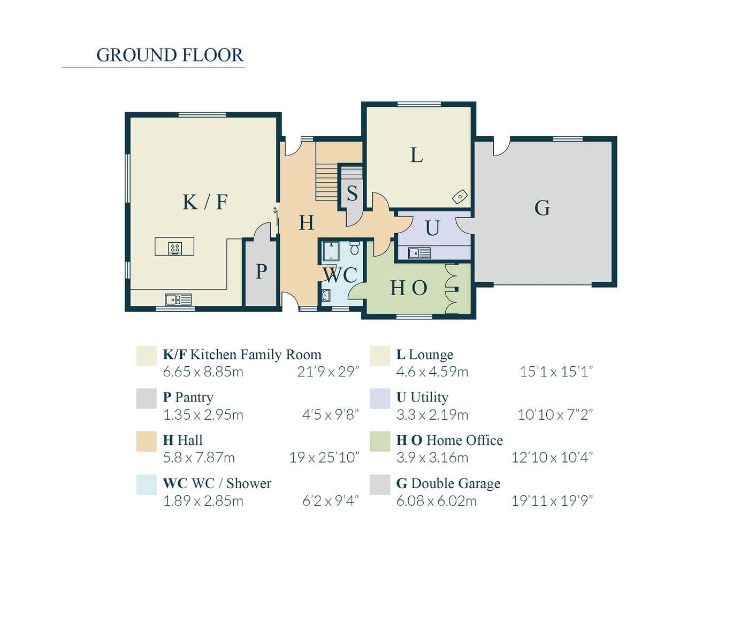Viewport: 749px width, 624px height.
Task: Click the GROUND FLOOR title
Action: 170,55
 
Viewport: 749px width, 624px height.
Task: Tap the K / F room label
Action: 205,202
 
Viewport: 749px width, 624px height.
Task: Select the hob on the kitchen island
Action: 175,248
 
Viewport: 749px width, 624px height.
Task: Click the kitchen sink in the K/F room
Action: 178,299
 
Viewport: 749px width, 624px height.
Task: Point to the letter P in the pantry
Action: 261,272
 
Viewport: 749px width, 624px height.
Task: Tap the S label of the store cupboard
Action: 352,194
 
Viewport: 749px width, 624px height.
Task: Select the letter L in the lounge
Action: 417,156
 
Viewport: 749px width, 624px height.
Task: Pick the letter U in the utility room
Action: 432,228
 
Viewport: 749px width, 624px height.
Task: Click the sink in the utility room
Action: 419,253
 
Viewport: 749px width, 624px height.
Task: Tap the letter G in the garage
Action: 542,208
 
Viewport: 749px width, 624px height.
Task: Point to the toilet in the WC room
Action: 354,248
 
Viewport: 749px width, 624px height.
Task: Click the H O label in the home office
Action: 409,288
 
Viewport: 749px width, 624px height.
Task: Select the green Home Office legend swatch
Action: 380,442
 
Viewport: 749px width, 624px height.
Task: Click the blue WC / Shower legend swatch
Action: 147,484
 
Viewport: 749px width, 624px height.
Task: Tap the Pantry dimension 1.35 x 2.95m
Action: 203,415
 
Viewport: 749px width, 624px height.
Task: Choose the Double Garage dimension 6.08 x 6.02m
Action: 437,501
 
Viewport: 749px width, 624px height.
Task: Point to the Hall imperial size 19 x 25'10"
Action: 324,458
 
